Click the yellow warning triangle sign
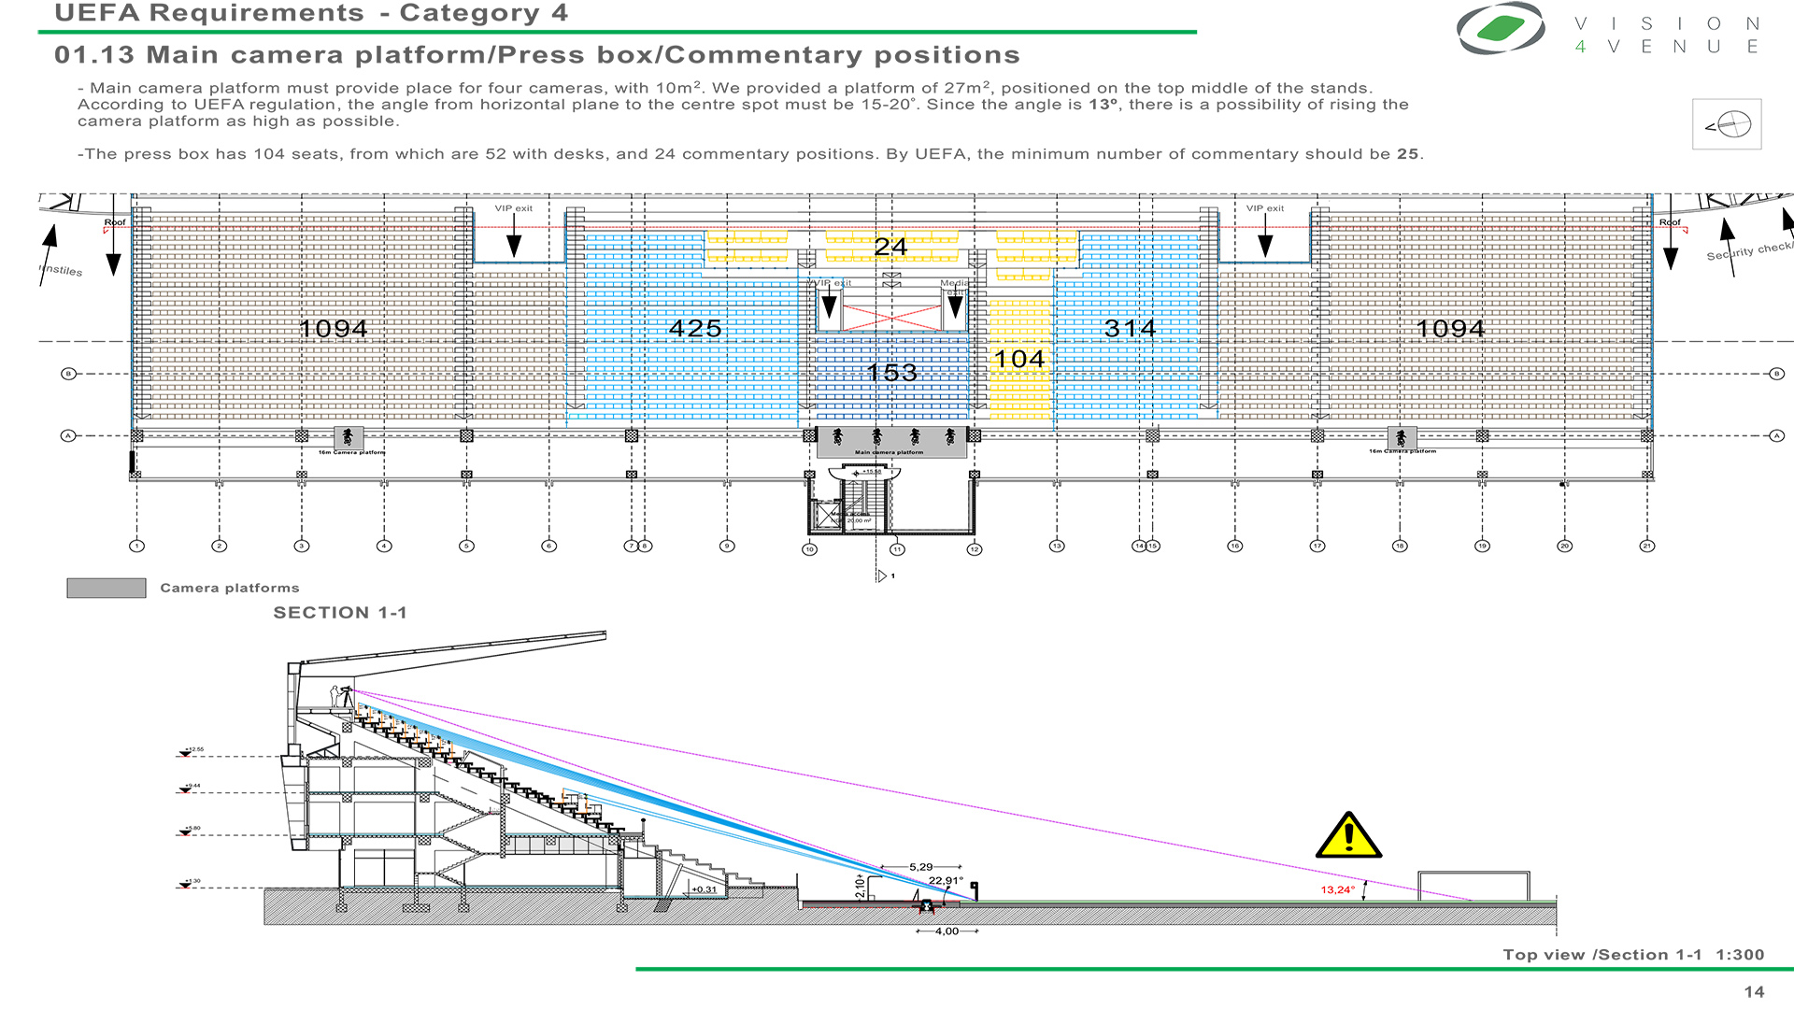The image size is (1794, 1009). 1348,836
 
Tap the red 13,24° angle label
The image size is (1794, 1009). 1337,889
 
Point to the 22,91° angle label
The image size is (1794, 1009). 945,880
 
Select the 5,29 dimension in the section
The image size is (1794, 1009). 920,867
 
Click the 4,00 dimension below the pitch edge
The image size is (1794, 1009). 947,931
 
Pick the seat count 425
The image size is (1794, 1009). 695,329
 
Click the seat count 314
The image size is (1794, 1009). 1130,329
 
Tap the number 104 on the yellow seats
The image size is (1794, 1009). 1018,360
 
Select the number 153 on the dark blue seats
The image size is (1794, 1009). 891,373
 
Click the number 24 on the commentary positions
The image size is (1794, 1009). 890,247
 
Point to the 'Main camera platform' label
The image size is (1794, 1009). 889,452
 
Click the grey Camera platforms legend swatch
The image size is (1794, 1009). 107,588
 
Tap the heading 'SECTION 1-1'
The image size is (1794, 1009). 340,613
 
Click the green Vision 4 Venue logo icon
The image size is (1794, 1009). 1501,29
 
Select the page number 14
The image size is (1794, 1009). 1754,992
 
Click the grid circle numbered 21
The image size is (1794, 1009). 1647,546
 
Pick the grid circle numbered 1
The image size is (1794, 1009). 137,546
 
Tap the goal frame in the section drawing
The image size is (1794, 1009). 1474,886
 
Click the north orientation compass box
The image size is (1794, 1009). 1727,124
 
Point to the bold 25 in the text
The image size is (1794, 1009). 1407,154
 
